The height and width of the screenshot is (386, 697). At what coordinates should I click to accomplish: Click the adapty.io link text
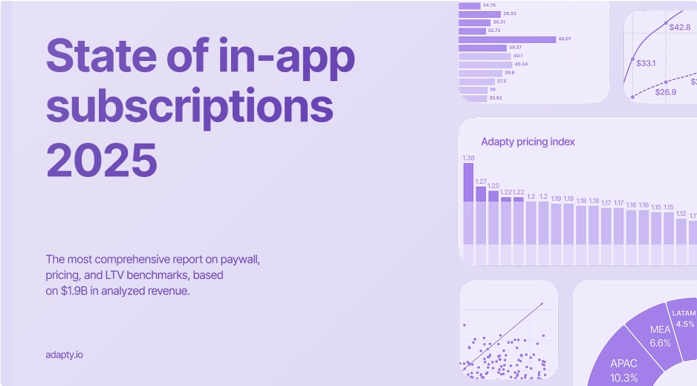pyautogui.click(x=64, y=355)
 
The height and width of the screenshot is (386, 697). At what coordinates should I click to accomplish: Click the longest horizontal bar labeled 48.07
pyautogui.click(x=507, y=39)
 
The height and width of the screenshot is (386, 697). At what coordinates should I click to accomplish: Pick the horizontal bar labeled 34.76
pyautogui.click(x=470, y=5)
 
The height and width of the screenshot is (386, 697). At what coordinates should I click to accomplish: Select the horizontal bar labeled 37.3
pyautogui.click(x=476, y=81)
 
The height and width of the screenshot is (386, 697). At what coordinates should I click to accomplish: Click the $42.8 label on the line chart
pyautogui.click(x=680, y=27)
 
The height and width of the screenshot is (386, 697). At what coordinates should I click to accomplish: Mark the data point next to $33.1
pyautogui.click(x=633, y=59)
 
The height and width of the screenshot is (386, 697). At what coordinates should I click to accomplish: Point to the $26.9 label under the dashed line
pyautogui.click(x=665, y=92)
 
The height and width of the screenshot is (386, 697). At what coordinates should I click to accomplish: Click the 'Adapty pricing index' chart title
pyautogui.click(x=528, y=141)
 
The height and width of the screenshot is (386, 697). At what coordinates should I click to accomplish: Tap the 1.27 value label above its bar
pyautogui.click(x=480, y=181)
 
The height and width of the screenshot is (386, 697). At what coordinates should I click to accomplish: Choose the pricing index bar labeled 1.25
pyautogui.click(x=493, y=216)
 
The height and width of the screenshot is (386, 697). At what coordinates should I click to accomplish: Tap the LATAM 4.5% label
pyautogui.click(x=684, y=319)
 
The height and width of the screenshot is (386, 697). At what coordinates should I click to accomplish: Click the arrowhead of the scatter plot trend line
pyautogui.click(x=542, y=303)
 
